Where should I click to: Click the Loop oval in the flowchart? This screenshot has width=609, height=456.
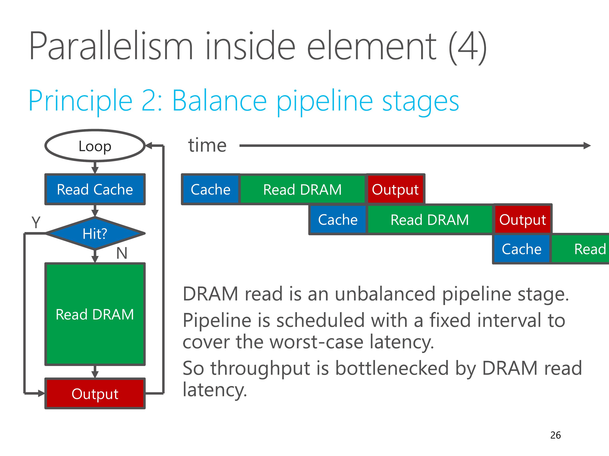[x=95, y=146]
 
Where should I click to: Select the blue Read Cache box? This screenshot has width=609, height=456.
[x=95, y=189]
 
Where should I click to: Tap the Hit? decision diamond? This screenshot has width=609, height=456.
[x=95, y=233]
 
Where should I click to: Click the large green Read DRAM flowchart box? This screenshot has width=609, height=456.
[x=95, y=314]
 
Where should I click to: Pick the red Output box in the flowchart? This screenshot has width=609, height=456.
[x=95, y=393]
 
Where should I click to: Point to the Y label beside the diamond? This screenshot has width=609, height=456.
[x=36, y=222]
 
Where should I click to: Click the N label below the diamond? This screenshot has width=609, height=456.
[x=122, y=253]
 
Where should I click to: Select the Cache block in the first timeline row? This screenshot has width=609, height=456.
[x=211, y=189]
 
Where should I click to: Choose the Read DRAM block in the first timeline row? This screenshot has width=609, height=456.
[x=303, y=189]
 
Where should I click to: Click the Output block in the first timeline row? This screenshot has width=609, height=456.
[x=395, y=189]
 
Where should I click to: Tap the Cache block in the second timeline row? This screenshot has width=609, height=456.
[x=338, y=220]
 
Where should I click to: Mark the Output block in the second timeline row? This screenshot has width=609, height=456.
[x=523, y=220]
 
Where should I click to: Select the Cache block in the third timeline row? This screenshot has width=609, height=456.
[x=522, y=249]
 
